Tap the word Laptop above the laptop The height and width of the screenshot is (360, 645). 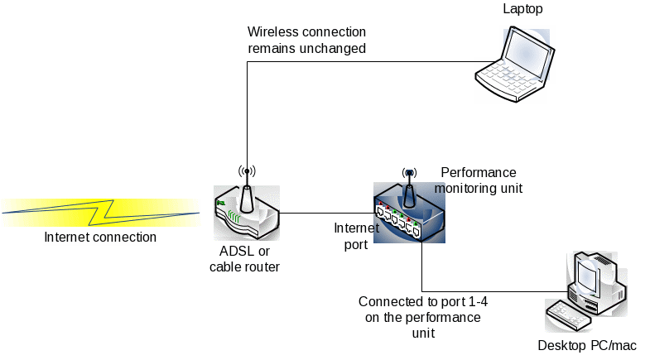click(523, 8)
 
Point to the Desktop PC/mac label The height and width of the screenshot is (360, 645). click(587, 345)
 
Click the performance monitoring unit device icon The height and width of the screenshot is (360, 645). click(408, 214)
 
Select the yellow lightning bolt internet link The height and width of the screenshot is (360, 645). click(100, 212)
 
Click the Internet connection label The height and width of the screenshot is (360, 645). click(100, 238)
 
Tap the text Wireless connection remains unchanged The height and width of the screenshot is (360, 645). click(307, 41)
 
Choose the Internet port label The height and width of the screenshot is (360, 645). click(357, 235)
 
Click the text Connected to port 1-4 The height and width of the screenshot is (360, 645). click(422, 302)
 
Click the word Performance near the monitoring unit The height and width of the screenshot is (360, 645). click(479, 173)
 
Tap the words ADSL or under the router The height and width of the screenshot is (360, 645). click(244, 252)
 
